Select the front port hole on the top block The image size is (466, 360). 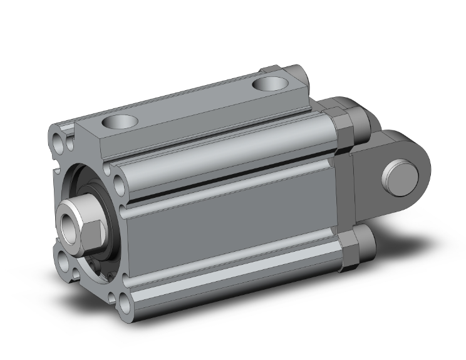click(x=118, y=121)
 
